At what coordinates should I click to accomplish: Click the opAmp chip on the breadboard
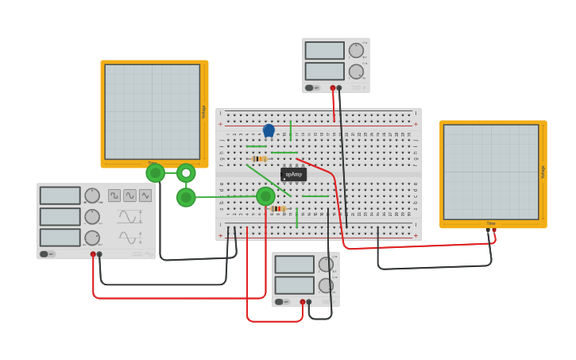click(x=293, y=174)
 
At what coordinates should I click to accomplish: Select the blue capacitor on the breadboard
click(x=269, y=130)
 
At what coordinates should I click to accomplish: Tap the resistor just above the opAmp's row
click(x=257, y=159)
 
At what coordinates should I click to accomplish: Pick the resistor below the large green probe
click(x=277, y=209)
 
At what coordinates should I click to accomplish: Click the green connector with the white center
click(x=186, y=172)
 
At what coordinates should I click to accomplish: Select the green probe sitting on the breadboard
click(x=265, y=195)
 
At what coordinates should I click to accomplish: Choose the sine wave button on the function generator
click(x=130, y=195)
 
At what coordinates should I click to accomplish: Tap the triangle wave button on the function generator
click(x=145, y=195)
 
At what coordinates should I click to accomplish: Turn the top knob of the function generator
click(x=92, y=195)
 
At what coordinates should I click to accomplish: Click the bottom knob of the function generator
click(x=92, y=238)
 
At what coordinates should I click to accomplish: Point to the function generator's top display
click(x=60, y=195)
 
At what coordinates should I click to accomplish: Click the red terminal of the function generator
click(x=93, y=254)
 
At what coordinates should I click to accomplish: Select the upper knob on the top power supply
click(x=356, y=51)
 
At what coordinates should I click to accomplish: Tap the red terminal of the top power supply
click(x=333, y=87)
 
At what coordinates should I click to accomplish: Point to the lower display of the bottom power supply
click(x=294, y=285)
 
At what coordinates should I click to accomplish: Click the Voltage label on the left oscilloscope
click(x=203, y=112)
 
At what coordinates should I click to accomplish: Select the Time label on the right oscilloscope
click(x=491, y=224)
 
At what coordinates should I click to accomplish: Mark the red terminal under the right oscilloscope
click(x=494, y=230)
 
